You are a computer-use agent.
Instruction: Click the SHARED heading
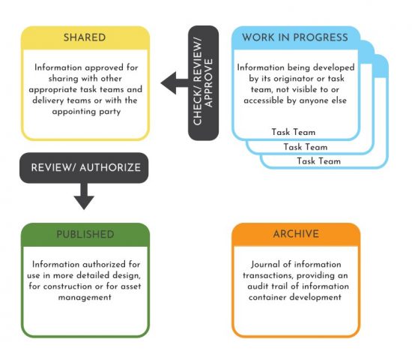click(x=85, y=37)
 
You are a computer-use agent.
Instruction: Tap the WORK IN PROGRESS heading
click(x=295, y=37)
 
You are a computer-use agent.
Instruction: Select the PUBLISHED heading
click(x=85, y=234)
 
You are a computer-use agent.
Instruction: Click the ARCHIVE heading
click(x=296, y=234)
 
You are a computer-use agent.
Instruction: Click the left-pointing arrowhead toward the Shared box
click(x=169, y=83)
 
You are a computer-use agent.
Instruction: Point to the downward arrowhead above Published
click(x=84, y=202)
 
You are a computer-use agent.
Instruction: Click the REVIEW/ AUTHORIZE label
click(x=85, y=168)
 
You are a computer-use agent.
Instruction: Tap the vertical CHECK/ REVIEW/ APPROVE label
click(x=202, y=82)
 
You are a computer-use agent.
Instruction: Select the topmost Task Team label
click(x=293, y=132)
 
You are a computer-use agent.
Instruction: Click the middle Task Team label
click(x=306, y=146)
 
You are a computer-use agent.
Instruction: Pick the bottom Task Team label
click(x=318, y=160)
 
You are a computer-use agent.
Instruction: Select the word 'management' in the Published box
click(x=85, y=297)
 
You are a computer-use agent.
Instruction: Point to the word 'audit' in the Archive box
click(x=258, y=286)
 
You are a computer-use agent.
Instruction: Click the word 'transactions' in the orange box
click(x=268, y=275)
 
